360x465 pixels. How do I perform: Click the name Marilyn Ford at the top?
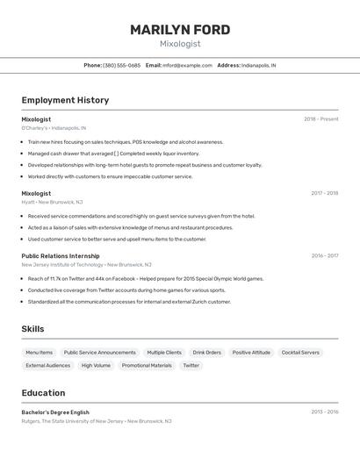tap(180, 30)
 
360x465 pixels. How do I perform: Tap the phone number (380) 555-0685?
tap(121, 65)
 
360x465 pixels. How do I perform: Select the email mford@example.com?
tap(187, 65)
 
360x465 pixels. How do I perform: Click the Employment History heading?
tap(65, 100)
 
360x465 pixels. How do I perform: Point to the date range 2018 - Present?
tap(320, 119)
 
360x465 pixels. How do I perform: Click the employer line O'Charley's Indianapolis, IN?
tap(54, 128)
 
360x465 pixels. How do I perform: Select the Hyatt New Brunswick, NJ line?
tap(52, 202)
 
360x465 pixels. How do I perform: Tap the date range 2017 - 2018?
tap(324, 193)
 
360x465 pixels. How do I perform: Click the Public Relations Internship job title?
tap(61, 256)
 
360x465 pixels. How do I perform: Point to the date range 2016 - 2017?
tap(324, 256)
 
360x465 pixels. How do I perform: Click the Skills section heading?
tap(33, 329)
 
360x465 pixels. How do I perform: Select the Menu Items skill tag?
tap(39, 353)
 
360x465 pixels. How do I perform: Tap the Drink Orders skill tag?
tap(206, 353)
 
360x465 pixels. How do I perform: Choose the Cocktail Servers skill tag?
tap(300, 353)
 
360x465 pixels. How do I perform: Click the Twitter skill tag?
tap(191, 365)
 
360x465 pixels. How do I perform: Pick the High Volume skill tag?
tap(96, 365)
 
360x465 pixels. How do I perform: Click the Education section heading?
tap(43, 393)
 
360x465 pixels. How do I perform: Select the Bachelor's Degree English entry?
tap(55, 411)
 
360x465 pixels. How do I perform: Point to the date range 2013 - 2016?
tap(324, 411)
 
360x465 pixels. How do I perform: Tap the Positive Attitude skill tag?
tap(251, 353)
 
